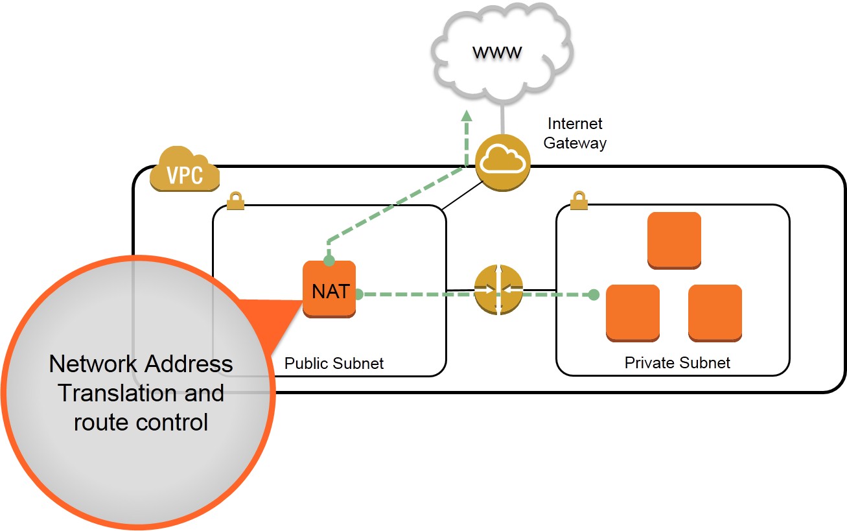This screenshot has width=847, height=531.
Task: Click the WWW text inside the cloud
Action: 497,53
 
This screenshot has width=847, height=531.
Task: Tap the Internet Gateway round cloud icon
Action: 502,163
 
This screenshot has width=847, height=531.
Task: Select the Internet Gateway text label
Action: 575,134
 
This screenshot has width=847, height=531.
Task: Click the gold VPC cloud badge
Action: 185,169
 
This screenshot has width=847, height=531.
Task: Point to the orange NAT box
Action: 329,289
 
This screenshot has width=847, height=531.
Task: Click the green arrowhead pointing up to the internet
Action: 467,115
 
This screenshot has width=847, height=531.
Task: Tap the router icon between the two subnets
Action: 499,290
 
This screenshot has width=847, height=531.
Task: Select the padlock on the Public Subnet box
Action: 235,201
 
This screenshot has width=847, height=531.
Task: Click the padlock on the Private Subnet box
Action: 579,200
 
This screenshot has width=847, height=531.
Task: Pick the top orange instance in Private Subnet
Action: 674,241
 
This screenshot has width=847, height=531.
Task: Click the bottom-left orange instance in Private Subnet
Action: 632,313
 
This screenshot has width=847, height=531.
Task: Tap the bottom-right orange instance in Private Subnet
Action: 715,313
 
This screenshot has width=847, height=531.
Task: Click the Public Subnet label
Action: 334,364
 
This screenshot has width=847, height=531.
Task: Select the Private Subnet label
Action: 677,362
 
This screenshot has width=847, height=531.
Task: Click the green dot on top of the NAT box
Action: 329,261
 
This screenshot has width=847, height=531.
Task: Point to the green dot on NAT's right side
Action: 358,294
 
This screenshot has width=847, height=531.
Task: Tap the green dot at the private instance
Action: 594,294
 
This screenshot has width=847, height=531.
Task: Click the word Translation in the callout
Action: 119,393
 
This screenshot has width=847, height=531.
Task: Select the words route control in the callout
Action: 141,423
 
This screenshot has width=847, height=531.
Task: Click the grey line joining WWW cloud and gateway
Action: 502,119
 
